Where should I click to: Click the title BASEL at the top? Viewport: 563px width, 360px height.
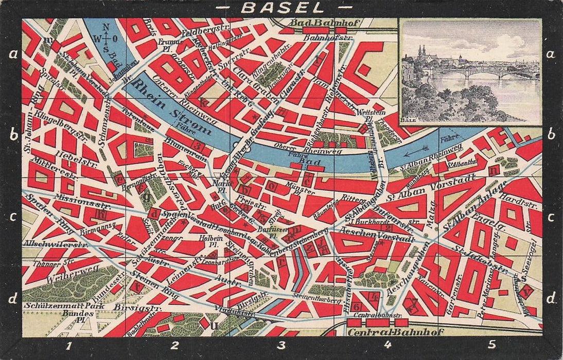coord(281,8)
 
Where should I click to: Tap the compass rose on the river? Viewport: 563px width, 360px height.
coord(106,37)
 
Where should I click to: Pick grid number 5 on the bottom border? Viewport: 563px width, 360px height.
coord(492,345)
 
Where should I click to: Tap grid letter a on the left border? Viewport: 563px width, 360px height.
coord(13,53)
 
